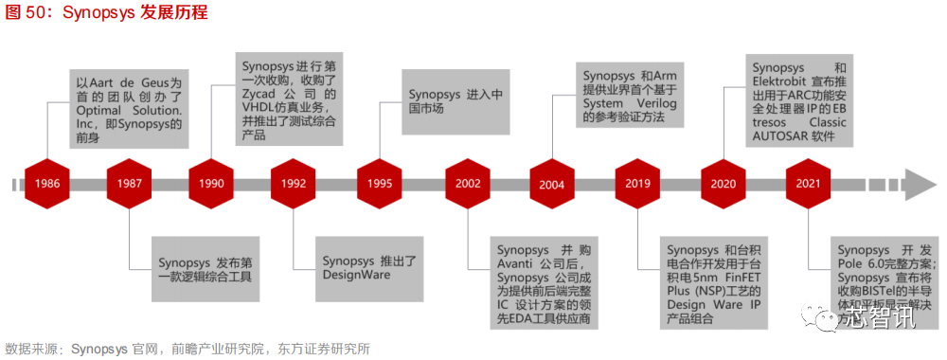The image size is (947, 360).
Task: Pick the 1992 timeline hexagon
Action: (x=293, y=183)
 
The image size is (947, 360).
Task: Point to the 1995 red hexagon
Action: (x=379, y=183)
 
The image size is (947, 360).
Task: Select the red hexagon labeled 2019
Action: (x=637, y=183)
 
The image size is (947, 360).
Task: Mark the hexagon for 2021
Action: (x=809, y=183)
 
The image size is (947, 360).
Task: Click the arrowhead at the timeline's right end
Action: (x=919, y=183)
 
